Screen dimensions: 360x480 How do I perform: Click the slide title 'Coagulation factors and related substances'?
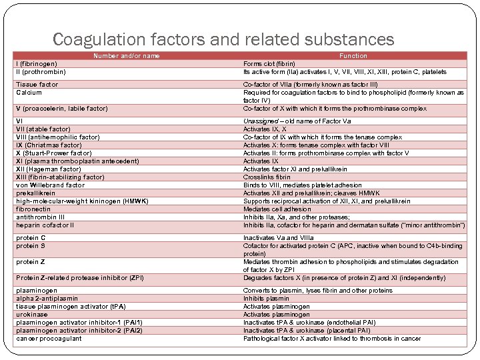[223, 39]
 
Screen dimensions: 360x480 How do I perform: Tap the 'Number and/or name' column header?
[126, 56]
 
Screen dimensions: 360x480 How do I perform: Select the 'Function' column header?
[353, 56]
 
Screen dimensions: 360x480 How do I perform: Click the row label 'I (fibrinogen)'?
[37, 64]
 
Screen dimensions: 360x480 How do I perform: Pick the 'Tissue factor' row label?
[37, 85]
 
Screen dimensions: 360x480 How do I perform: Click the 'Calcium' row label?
[29, 93]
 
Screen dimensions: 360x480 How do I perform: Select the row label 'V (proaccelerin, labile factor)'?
[62, 109]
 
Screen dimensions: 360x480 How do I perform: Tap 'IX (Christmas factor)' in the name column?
[49, 145]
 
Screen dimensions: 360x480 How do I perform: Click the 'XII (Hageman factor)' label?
[49, 169]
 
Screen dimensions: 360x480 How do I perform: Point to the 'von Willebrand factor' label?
[51, 185]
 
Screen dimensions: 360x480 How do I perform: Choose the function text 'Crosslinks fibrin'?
[267, 177]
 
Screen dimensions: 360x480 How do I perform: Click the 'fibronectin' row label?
[34, 209]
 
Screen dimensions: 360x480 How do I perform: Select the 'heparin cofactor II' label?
[45, 225]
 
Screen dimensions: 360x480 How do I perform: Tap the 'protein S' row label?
[31, 246]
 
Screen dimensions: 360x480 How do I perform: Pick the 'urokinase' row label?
[33, 315]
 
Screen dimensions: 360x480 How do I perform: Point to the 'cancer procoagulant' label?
[49, 339]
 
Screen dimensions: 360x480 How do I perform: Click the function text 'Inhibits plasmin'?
[266, 299]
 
